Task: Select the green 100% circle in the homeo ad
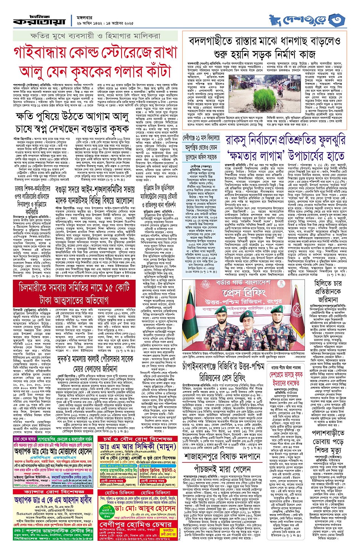click(x=107, y=508)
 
